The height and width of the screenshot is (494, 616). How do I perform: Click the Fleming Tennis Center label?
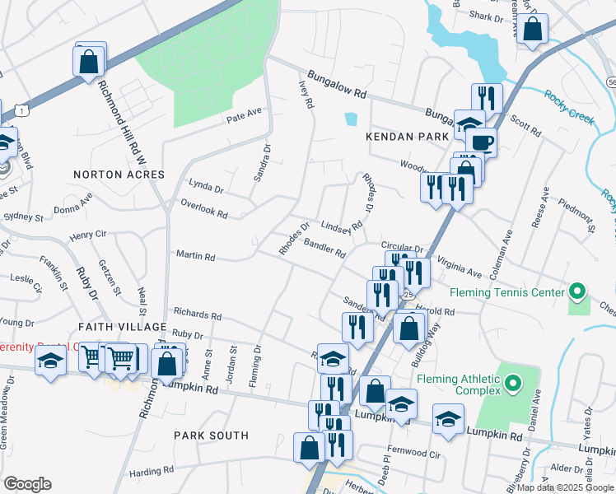507,292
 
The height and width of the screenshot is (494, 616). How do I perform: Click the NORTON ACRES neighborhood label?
119,175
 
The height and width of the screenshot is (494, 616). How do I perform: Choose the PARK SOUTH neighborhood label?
212,436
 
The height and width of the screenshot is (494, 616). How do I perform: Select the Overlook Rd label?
203,212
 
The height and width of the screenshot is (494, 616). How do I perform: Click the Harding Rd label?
151,471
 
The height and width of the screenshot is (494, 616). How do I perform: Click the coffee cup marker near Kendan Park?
480,142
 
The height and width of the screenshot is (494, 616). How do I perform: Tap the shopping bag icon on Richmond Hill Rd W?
89,61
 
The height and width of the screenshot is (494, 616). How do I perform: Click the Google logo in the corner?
27,483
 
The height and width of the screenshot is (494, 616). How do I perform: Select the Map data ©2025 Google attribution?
565,487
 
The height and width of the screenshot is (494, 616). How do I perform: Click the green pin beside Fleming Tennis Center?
577,292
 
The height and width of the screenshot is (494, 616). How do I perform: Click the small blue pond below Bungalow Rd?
352,119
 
